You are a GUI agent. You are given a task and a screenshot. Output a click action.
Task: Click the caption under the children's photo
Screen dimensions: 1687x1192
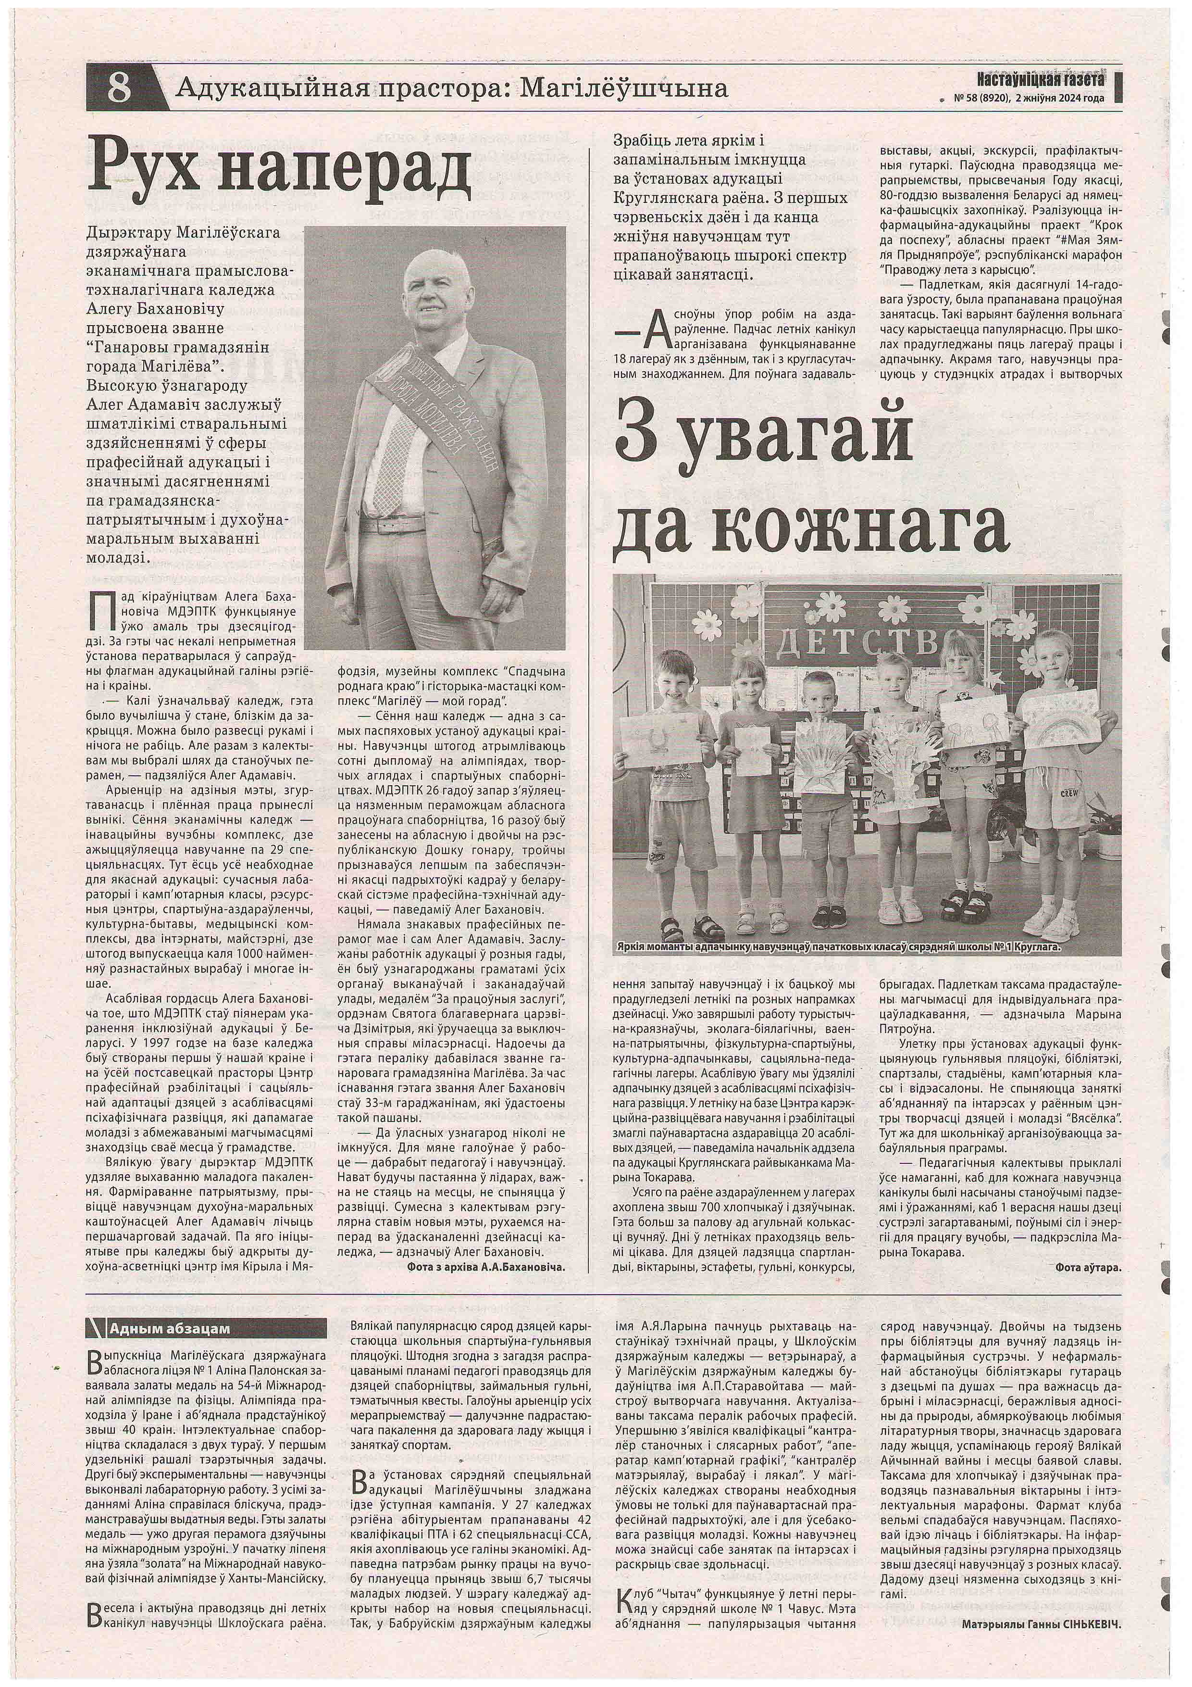(x=844, y=948)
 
